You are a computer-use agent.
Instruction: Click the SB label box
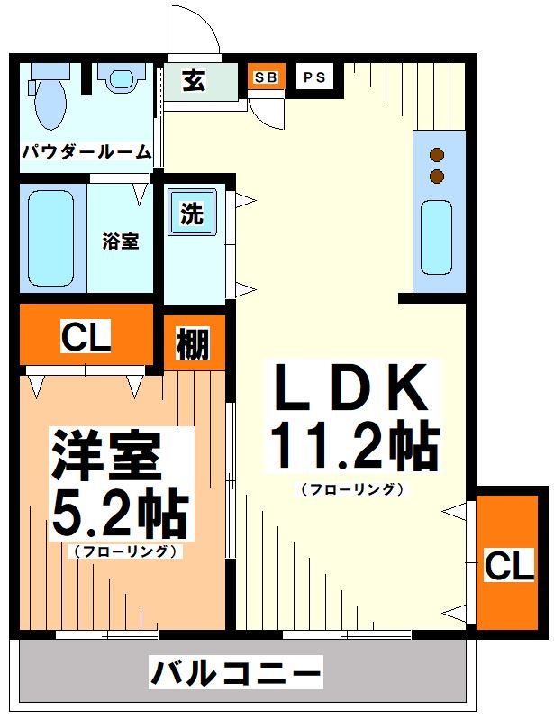pyautogui.click(x=265, y=77)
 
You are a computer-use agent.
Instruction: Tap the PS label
pyautogui.click(x=314, y=77)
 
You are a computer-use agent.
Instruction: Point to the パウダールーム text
pyautogui.click(x=86, y=152)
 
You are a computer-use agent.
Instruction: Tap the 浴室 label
pyautogui.click(x=120, y=242)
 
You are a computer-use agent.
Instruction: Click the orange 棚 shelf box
pyautogui.click(x=194, y=343)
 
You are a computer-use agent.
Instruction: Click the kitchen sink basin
pyautogui.click(x=437, y=236)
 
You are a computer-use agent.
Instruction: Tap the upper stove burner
pyautogui.click(x=438, y=154)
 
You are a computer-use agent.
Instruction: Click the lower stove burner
pyautogui.click(x=438, y=176)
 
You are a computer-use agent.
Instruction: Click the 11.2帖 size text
pyautogui.click(x=352, y=444)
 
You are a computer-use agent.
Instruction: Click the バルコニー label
pyautogui.click(x=235, y=672)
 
